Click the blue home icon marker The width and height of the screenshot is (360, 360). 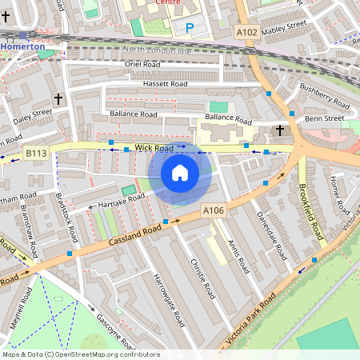tap(180, 173)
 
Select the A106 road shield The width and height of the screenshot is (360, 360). tap(213, 210)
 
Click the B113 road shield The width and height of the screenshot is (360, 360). tap(35, 153)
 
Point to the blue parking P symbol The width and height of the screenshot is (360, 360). tap(190, 28)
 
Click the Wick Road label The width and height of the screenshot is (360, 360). tap(154, 148)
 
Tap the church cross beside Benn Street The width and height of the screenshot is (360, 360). tap(280, 130)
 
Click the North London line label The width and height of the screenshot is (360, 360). tap(158, 50)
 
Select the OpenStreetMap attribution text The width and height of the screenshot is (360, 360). tap(81, 354)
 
